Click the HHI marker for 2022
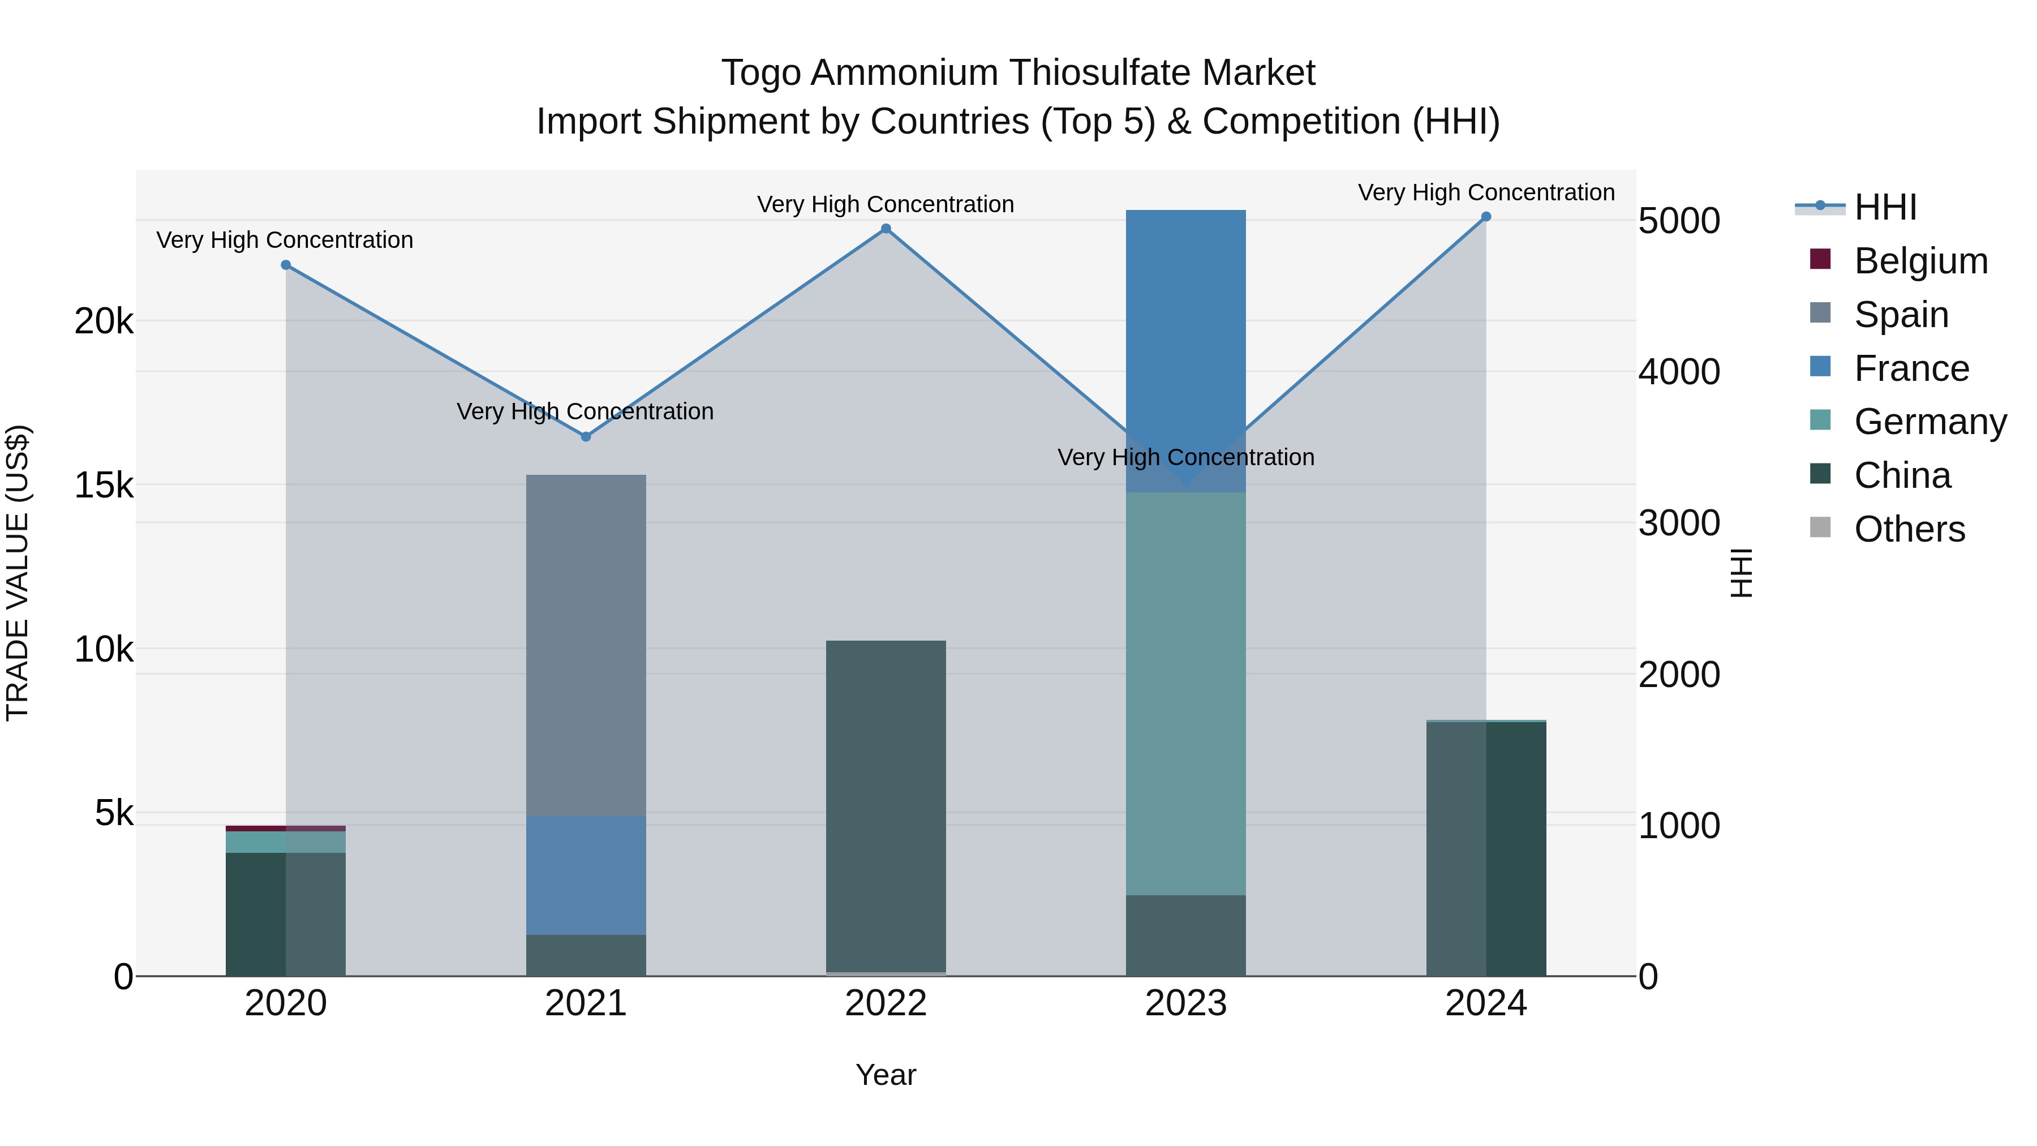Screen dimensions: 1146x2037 click(886, 229)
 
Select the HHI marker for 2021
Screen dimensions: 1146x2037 click(586, 436)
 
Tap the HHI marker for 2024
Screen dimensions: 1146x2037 click(1486, 217)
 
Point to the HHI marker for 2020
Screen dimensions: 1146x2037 click(286, 265)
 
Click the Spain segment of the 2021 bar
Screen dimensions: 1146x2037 click(586, 645)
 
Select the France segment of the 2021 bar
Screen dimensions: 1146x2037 click(586, 875)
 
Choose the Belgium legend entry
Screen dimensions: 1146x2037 click(1920, 261)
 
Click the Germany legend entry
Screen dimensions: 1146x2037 click(1929, 422)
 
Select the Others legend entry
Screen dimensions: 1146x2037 click(1909, 529)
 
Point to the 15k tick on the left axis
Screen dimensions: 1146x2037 click(104, 485)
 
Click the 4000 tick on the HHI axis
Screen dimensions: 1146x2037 click(1679, 372)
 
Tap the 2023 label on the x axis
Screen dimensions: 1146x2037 click(1185, 1003)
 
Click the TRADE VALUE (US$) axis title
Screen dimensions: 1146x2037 click(18, 573)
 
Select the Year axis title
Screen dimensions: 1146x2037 click(886, 1075)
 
